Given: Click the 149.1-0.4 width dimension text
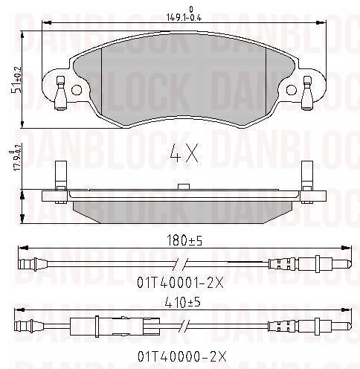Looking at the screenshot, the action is [x=184, y=14].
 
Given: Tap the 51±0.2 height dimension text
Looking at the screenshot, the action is [x=16, y=80].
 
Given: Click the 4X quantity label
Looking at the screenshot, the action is [x=184, y=153].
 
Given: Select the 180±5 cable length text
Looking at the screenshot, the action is [x=184, y=240].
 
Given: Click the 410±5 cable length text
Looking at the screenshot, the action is [x=183, y=303].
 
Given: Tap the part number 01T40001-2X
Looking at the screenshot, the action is [x=181, y=283].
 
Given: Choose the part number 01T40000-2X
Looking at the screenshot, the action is [x=182, y=356].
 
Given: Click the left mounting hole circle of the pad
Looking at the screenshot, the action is [x=77, y=90].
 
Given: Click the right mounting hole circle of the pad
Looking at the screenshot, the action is [x=292, y=90].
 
